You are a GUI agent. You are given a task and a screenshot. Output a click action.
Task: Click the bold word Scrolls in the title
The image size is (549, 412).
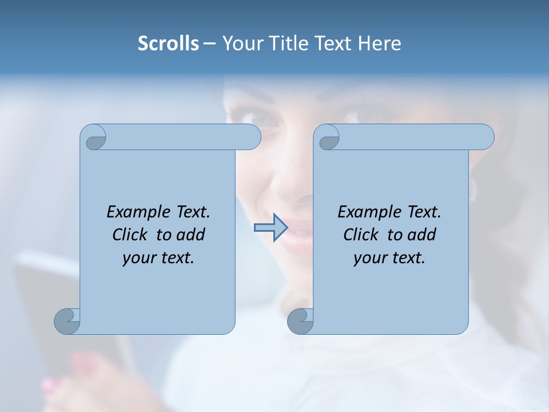pos(168,43)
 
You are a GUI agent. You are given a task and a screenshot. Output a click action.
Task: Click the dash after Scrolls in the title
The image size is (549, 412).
pos(209,44)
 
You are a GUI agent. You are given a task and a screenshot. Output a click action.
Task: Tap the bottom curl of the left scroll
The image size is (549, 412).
pos(66,321)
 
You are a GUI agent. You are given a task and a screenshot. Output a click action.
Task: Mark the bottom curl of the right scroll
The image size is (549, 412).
pos(300,321)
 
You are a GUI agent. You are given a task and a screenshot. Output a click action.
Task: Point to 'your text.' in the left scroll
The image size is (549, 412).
pos(158,257)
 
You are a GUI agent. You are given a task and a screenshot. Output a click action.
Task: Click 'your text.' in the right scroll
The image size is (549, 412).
pos(389,257)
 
